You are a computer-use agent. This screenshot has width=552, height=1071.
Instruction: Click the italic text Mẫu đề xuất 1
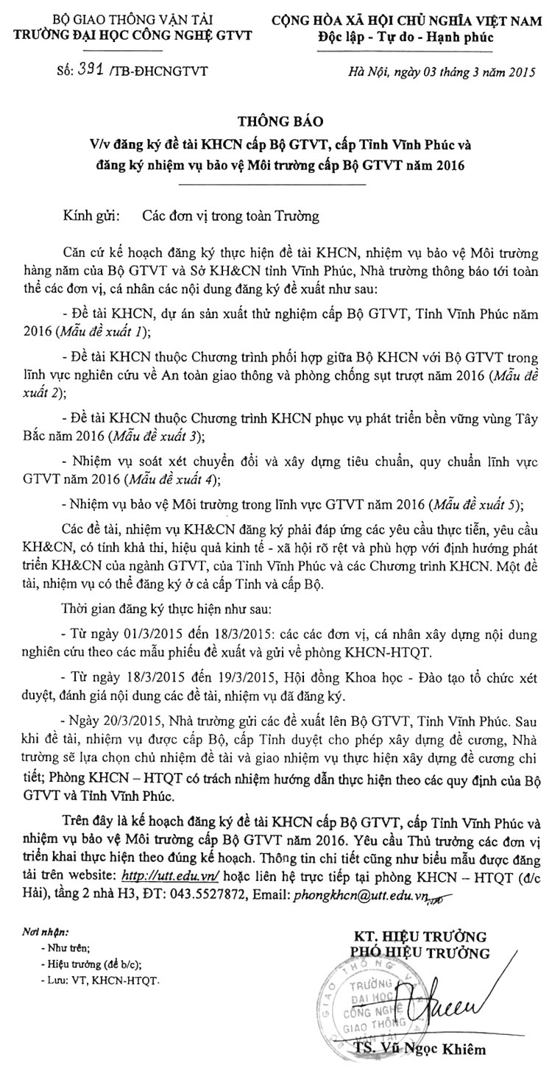113,331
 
